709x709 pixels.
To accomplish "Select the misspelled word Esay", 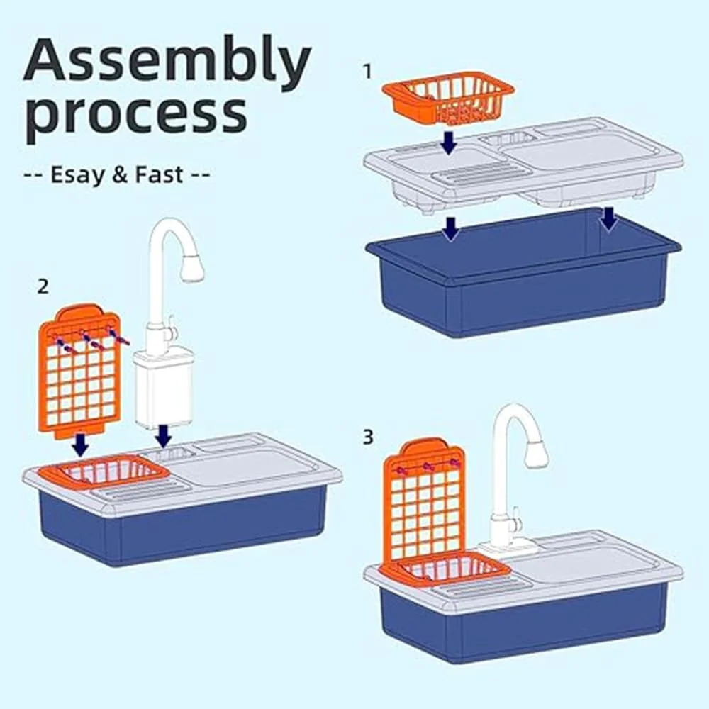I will [77, 174].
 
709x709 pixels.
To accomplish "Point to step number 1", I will [367, 71].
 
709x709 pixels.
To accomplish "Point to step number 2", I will [43, 286].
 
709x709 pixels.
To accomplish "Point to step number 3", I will [367, 437].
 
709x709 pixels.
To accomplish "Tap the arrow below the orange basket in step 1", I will [447, 143].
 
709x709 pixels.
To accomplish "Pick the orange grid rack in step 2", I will [79, 369].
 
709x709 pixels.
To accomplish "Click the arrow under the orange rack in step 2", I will [81, 445].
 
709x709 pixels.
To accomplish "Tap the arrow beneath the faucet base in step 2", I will [163, 435].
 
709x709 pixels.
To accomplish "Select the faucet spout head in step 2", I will [191, 268].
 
